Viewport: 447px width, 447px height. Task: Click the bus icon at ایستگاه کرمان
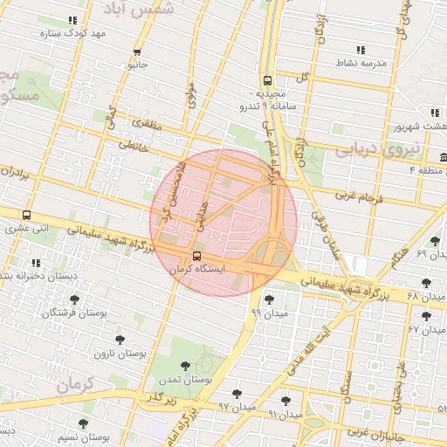196,257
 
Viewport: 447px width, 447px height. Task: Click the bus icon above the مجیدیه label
267,79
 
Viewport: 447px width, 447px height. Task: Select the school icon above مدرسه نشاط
361,49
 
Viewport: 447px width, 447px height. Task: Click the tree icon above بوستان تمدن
184,367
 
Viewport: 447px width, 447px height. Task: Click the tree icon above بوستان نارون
120,340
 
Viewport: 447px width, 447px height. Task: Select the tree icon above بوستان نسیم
83,423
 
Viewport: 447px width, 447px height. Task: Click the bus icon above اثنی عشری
26,215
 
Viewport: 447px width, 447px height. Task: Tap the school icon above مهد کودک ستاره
72,19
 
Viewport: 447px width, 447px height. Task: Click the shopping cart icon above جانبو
137,51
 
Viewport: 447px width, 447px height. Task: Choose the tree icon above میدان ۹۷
237,394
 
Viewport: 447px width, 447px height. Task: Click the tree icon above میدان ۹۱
285,401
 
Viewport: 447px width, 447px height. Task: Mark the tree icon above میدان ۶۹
435,241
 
